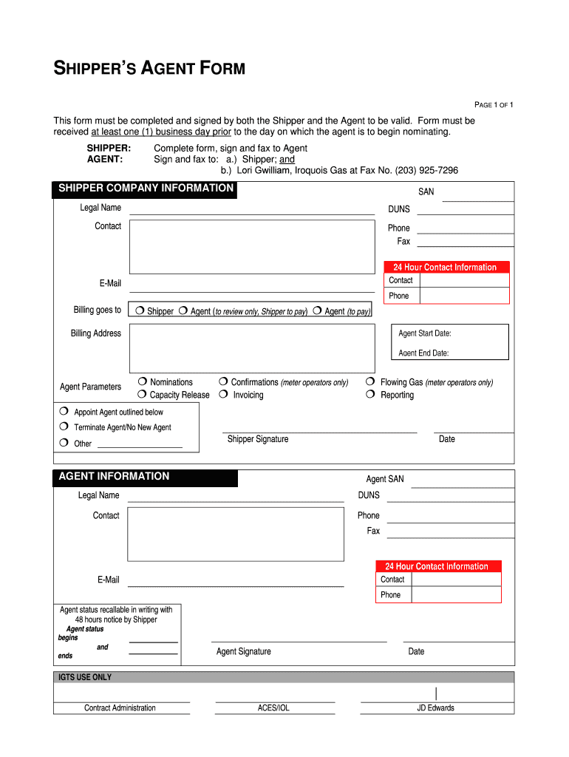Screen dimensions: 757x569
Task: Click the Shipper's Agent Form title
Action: point(149,69)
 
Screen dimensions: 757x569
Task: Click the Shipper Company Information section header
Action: point(146,189)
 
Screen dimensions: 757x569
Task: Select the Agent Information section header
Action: point(114,477)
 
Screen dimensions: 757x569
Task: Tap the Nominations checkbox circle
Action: point(141,381)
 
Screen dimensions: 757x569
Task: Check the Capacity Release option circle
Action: point(141,395)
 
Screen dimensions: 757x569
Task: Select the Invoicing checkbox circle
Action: point(223,395)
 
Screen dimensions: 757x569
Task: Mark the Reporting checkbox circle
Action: point(370,395)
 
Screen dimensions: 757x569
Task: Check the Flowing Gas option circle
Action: point(370,381)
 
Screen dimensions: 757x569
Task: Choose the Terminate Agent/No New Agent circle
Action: point(64,427)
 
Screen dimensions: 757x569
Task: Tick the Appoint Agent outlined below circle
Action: point(64,411)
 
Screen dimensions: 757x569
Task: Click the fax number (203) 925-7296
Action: point(426,170)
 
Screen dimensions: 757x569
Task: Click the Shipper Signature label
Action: point(257,439)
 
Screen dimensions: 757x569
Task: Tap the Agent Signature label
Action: point(243,651)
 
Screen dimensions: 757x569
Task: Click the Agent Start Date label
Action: point(424,333)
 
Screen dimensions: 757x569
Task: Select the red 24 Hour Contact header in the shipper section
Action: point(445,267)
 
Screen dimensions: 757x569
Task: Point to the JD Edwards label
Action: point(435,707)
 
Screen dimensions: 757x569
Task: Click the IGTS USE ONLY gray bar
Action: point(284,677)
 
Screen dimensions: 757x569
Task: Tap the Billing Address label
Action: point(95,333)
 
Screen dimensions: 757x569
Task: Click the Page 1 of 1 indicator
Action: point(493,105)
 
